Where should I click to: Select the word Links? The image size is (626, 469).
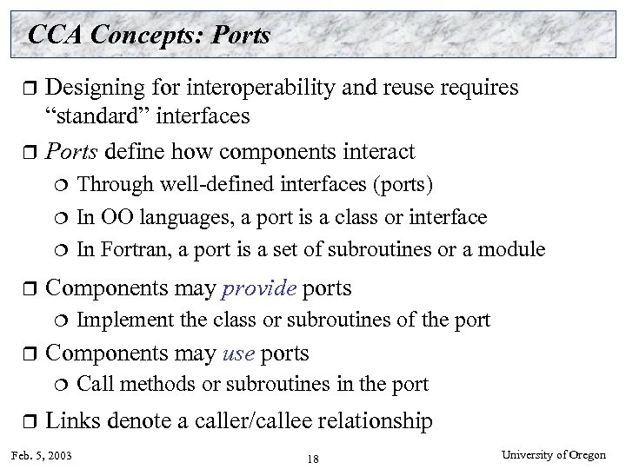(71, 421)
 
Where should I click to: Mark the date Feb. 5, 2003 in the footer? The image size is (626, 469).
(43, 455)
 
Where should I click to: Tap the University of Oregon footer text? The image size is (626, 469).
(560, 454)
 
